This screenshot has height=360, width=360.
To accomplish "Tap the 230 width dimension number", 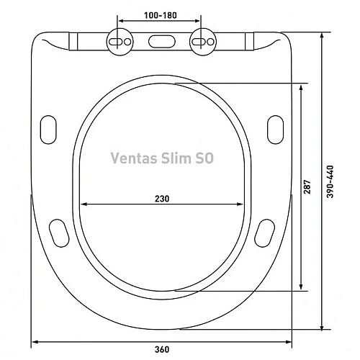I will point(162,199).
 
